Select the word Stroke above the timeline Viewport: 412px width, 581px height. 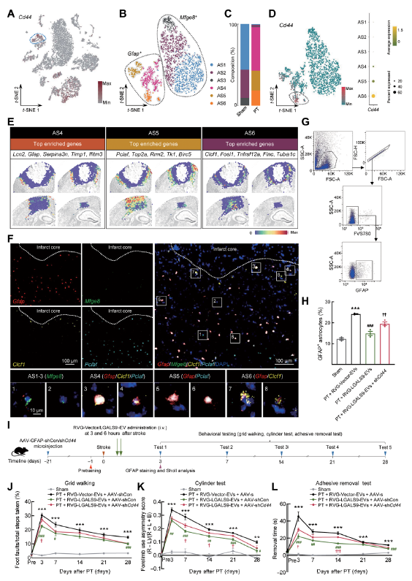tap(105, 447)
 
